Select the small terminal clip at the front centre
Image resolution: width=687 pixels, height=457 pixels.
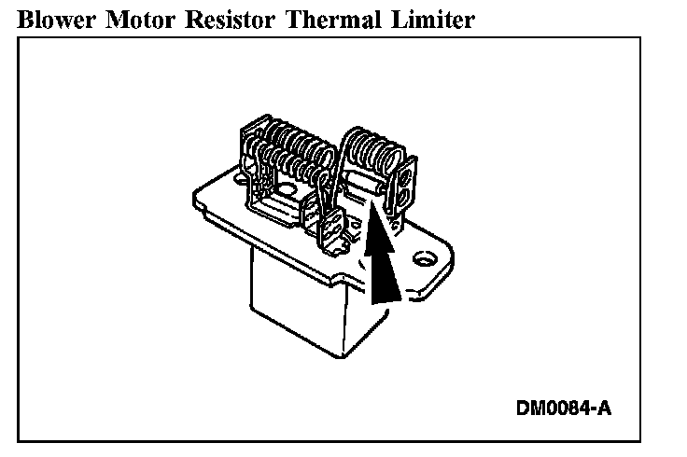coord(331,224)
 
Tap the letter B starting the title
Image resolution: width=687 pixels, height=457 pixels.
coord(26,19)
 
